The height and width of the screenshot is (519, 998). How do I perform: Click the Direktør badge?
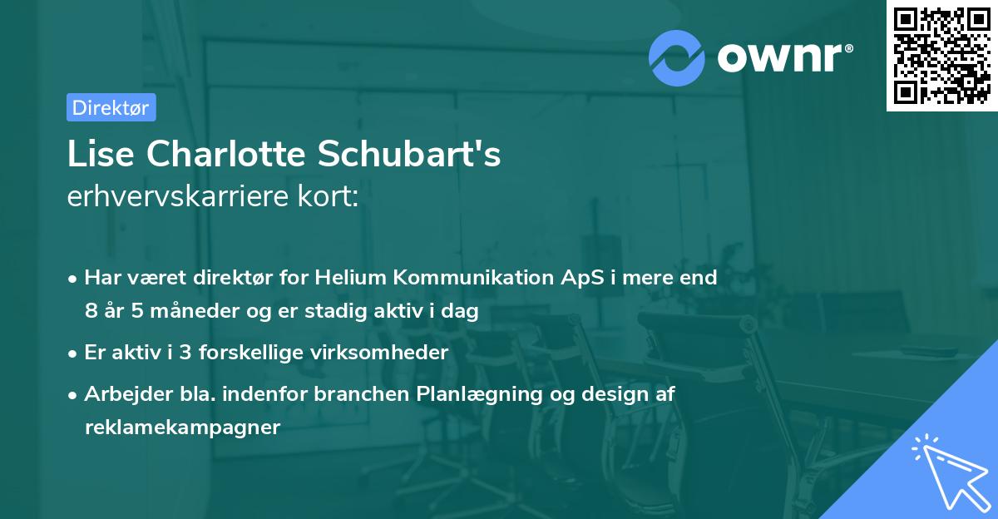(x=111, y=107)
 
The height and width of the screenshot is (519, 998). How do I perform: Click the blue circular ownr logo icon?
(x=678, y=57)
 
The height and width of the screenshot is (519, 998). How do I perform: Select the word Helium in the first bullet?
(x=345, y=277)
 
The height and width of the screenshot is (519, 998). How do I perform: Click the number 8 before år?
(x=90, y=312)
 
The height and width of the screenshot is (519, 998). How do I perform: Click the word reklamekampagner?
(x=182, y=428)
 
